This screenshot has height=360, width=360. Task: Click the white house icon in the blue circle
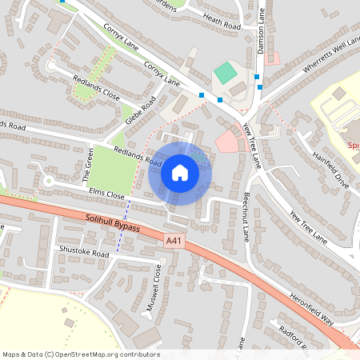(x=179, y=172)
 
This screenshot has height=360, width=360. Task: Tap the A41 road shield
(x=174, y=240)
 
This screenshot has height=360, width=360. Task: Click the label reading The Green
(x=86, y=168)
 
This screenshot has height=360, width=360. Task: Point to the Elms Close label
(x=107, y=194)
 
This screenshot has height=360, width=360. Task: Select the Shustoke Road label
(x=83, y=251)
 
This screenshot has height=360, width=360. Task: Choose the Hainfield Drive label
(x=330, y=170)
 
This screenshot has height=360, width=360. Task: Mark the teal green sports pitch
(x=226, y=74)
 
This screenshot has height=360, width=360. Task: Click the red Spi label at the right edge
(x=354, y=146)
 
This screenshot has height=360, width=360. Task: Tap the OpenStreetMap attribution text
(x=81, y=354)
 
